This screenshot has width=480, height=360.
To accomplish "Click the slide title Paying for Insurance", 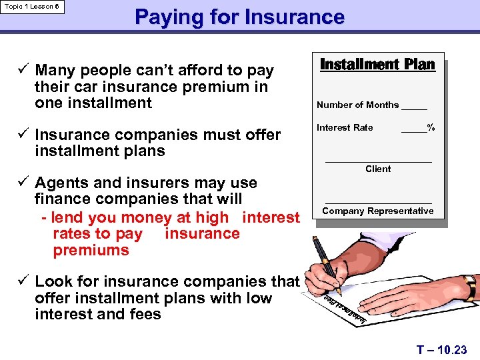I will coord(239,17).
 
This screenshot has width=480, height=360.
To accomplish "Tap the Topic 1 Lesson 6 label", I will coord(32,6).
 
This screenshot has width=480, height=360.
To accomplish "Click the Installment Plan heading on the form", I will coord(377,65).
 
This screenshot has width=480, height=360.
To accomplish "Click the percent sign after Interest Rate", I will coord(431,127).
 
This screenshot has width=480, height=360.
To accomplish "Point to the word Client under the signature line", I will coord(378,169).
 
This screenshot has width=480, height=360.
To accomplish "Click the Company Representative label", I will coord(378,211).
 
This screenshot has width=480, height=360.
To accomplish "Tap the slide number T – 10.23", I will coord(442,349).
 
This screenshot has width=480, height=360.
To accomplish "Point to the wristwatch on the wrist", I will coord(470,287).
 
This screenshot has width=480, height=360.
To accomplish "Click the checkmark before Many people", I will coord(24,69).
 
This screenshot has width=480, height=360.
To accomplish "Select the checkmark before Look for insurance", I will coord(24,281).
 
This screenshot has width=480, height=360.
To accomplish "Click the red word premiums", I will coord(91,251).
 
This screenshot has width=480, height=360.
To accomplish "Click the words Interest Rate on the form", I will coord(345,127).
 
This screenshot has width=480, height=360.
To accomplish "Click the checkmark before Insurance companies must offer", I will coord(24,134).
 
